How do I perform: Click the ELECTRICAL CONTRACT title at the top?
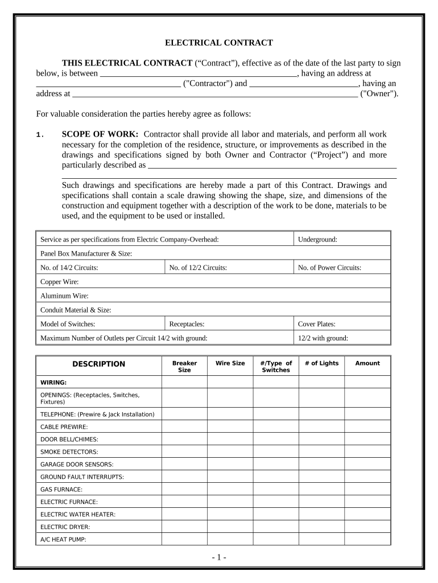219,43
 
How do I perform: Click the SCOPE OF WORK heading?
100,134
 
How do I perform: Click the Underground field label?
317,240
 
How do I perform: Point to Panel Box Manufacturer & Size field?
86,253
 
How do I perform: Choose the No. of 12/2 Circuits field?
198,268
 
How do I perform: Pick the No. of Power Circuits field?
329,268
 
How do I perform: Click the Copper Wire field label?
60,282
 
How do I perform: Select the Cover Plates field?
316,324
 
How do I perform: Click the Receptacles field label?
187,324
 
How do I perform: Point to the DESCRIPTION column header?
98,364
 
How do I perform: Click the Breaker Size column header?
184,367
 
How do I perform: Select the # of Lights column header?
321,363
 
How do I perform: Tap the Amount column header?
367,363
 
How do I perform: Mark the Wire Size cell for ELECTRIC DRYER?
230,527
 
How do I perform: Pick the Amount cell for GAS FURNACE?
367,489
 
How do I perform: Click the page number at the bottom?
218,557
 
